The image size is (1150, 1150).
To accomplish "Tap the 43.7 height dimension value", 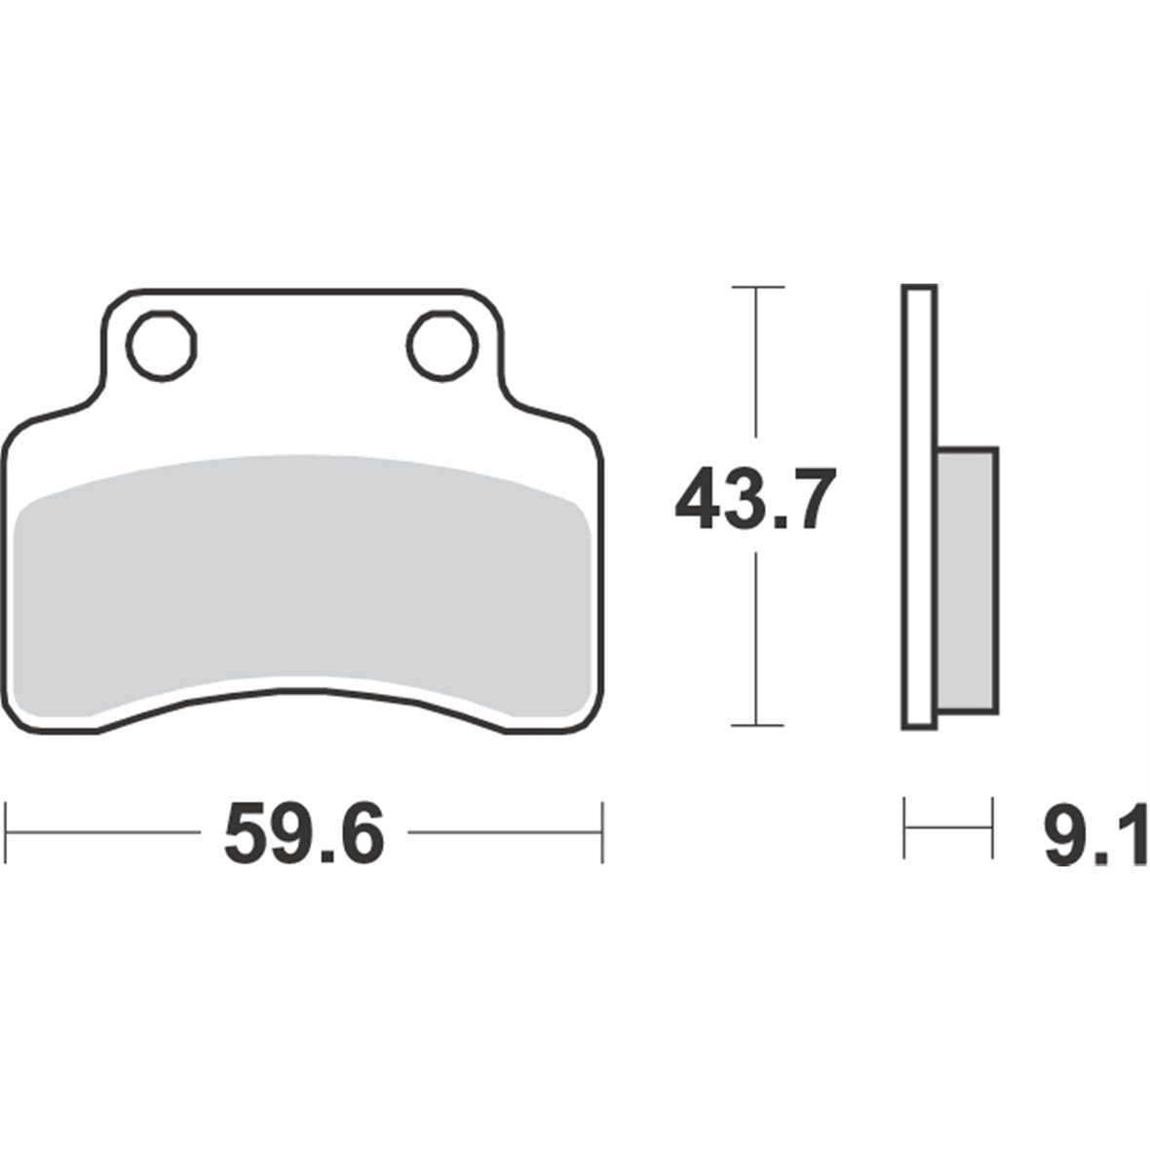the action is click(x=755, y=499).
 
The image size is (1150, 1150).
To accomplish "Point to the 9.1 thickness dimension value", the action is click(x=1096, y=835).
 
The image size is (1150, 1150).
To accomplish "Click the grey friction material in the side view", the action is click(x=968, y=580).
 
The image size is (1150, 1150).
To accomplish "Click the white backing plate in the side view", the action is click(x=919, y=507).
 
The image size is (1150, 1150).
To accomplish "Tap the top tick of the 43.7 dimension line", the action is click(x=757, y=287).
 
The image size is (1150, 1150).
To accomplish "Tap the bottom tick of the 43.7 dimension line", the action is click(x=757, y=725).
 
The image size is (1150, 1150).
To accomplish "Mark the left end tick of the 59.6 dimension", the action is click(x=6, y=832).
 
